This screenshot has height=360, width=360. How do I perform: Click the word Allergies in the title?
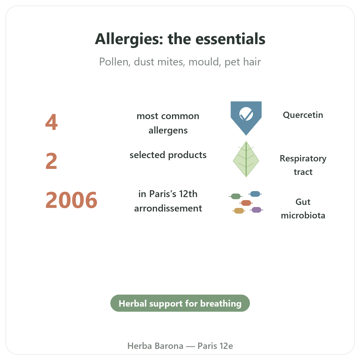pyautogui.click(x=129, y=39)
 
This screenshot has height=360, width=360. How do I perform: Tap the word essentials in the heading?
pyautogui.click(x=230, y=39)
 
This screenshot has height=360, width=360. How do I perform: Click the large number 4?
pyautogui.click(x=51, y=122)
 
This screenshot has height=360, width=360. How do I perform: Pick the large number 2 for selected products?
pyautogui.click(x=51, y=161)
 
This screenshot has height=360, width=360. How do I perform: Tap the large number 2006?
pyautogui.click(x=71, y=200)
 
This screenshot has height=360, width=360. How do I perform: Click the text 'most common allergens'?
pyautogui.click(x=168, y=123)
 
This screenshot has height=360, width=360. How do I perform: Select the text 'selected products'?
pyautogui.click(x=168, y=155)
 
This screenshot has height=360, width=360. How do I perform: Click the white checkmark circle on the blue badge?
pyautogui.click(x=246, y=114)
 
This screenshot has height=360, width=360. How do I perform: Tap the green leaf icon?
pyautogui.click(x=246, y=159)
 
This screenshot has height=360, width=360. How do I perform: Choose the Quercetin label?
pyautogui.click(x=303, y=115)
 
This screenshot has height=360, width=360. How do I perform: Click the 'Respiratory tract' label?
pyautogui.click(x=303, y=165)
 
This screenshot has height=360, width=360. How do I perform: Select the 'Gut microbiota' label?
pyautogui.click(x=303, y=209)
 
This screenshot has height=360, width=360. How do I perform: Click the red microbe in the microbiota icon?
pyautogui.click(x=246, y=203)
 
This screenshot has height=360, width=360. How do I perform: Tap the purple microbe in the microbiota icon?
pyautogui.click(x=256, y=210)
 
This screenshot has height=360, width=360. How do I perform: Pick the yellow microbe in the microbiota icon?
pyautogui.click(x=239, y=211)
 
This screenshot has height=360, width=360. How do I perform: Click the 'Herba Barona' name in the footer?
pyautogui.click(x=155, y=346)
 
